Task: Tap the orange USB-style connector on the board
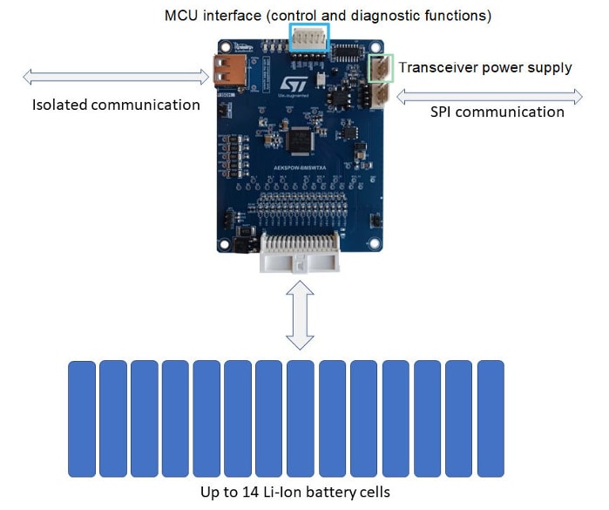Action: pyautogui.click(x=222, y=70)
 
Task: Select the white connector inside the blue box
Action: pyautogui.click(x=308, y=37)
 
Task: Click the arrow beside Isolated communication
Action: pyautogui.click(x=116, y=78)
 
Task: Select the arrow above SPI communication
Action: pyautogui.click(x=491, y=94)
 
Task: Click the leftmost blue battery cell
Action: pyautogui.click(x=82, y=418)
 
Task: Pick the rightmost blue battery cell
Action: pyautogui.click(x=491, y=418)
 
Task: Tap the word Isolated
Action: pyautogui.click(x=61, y=105)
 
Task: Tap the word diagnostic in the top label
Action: pyautogui.click(x=402, y=15)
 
